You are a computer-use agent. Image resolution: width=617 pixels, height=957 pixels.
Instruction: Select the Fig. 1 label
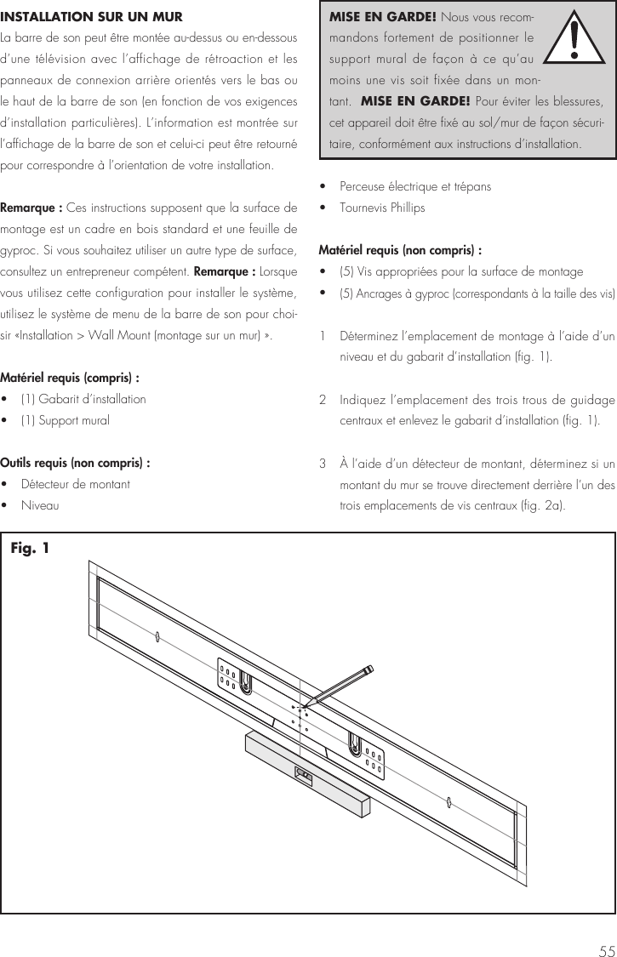[x=30, y=549]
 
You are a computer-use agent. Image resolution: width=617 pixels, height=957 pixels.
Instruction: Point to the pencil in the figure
[x=340, y=684]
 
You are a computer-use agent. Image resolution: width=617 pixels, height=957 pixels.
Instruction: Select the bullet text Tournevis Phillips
[x=382, y=208]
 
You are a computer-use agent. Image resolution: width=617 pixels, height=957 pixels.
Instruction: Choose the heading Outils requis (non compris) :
[x=76, y=463]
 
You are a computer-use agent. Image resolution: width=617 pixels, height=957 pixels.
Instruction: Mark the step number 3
[x=323, y=464]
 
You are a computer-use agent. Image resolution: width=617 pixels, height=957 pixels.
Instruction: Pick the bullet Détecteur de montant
[x=76, y=484]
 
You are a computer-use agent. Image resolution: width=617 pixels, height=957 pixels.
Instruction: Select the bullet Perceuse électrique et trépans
[x=414, y=186]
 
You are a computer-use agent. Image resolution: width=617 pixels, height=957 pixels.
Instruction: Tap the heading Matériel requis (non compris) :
[x=400, y=250]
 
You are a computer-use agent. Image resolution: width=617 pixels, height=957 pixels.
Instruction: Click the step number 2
[x=323, y=400]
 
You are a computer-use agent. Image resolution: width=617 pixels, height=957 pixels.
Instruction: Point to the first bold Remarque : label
[x=31, y=208]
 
